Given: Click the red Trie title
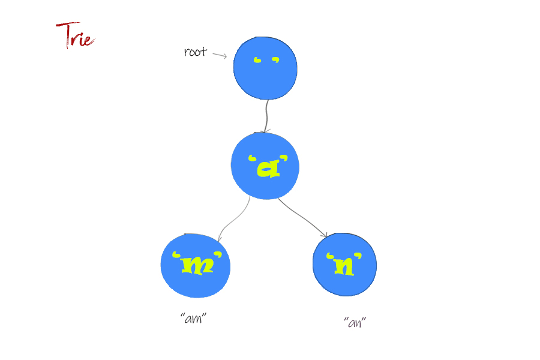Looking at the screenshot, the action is click(x=75, y=35).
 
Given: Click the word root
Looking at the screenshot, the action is click(x=195, y=52).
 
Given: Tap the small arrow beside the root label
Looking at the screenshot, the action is click(x=220, y=55).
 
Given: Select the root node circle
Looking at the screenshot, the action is click(x=265, y=68).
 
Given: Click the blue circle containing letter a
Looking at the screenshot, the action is click(x=265, y=166).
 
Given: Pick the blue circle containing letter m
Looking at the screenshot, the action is click(x=195, y=265).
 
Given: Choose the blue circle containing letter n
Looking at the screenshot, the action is click(x=344, y=264).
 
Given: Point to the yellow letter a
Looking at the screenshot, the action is click(x=269, y=169).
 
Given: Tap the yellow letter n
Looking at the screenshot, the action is click(x=344, y=266).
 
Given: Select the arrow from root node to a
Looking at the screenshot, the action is click(x=266, y=116).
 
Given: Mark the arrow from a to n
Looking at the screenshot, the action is click(x=303, y=217).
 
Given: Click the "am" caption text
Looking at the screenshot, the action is click(x=194, y=319).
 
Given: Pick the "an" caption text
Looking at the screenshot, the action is click(x=355, y=322).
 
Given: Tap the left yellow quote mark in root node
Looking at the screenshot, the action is click(x=257, y=60).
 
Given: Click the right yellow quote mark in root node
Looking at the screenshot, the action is click(x=275, y=60).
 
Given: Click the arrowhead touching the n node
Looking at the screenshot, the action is click(x=325, y=235).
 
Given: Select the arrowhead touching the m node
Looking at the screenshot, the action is click(x=219, y=238).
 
